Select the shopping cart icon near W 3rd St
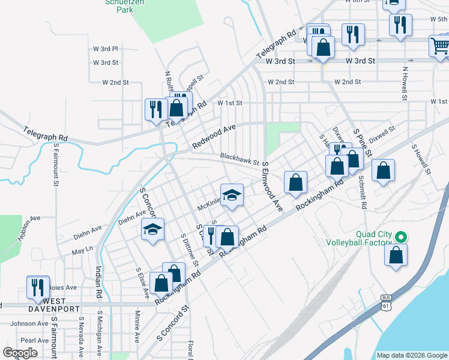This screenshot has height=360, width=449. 439,46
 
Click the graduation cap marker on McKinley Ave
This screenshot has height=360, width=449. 232,195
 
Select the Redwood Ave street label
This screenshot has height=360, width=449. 214,137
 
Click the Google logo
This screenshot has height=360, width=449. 20,353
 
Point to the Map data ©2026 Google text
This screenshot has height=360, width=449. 412,355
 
